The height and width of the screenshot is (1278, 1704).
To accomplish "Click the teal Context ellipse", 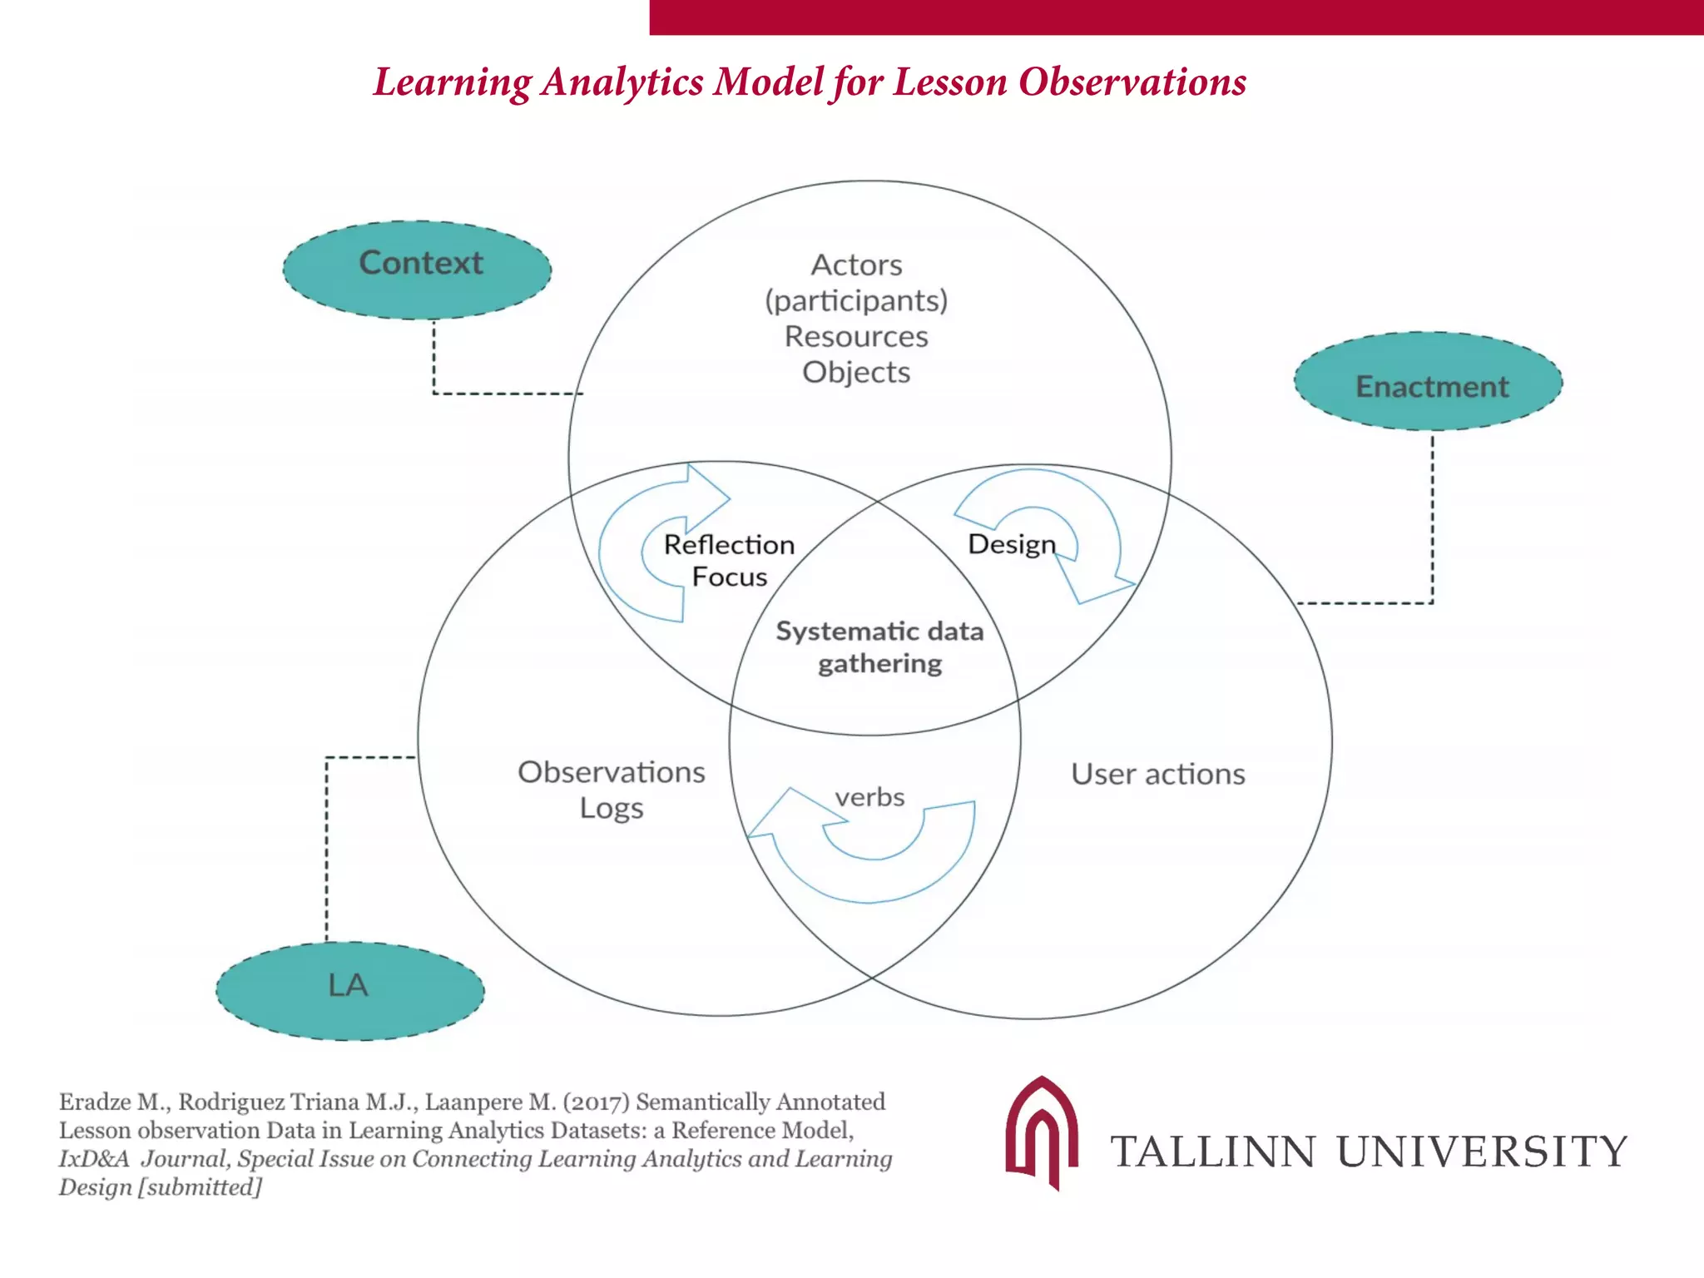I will (x=417, y=269).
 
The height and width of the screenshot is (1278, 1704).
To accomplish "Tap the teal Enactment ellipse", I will (x=1428, y=382).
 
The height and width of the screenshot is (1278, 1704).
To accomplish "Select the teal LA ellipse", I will (x=349, y=990).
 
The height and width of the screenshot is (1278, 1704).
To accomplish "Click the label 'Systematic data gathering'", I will (x=879, y=647).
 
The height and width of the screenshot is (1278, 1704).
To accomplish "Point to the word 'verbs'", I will (x=869, y=797).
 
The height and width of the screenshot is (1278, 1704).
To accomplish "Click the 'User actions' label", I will (x=1157, y=774).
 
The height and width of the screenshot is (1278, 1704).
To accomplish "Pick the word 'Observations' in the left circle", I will (x=611, y=772).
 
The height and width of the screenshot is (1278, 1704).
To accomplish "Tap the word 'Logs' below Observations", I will (x=612, y=808).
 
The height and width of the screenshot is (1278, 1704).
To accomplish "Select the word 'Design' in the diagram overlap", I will (x=1011, y=544).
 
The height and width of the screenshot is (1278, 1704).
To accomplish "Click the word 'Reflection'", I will (x=729, y=544).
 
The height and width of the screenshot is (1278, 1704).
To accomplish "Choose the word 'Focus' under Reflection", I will (x=730, y=577).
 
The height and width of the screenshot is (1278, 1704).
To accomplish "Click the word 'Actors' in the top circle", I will (x=856, y=265).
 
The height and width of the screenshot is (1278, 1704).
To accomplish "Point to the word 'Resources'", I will (x=856, y=336).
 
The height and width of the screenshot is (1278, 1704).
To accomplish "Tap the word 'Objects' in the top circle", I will (x=856, y=372).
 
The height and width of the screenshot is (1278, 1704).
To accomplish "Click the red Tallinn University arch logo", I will (x=1042, y=1132).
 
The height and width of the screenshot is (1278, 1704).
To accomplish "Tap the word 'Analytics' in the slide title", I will (x=622, y=82).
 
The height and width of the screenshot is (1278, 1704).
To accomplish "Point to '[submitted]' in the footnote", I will (x=200, y=1186).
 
